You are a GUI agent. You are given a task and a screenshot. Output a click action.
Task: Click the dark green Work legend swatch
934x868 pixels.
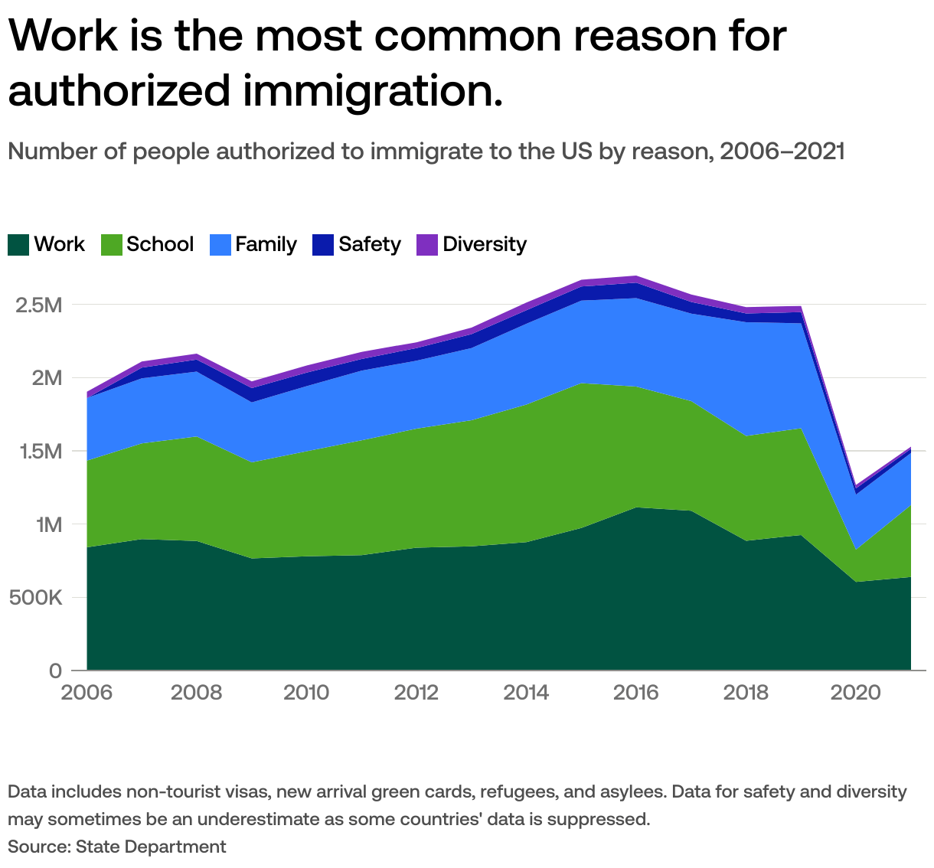point(18,245)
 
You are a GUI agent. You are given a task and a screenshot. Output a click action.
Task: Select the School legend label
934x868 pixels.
point(159,244)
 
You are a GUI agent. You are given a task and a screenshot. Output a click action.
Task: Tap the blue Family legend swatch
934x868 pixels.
point(220,245)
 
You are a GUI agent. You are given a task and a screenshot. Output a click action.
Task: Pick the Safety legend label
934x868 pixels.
point(369,244)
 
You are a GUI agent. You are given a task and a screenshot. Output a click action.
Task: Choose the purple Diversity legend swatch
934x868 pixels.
point(427,245)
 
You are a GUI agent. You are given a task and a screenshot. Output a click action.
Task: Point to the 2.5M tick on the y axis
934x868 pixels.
point(38,305)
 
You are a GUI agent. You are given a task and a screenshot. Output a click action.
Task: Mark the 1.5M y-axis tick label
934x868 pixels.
point(38,452)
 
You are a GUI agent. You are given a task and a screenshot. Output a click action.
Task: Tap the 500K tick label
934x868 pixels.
point(34,598)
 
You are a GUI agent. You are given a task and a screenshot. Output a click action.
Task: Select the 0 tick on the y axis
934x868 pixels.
point(55,671)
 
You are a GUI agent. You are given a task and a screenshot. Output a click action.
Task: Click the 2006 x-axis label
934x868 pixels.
point(87,693)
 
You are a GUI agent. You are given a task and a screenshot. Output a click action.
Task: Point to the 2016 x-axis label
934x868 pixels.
point(636,693)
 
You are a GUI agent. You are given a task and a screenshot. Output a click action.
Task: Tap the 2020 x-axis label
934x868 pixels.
point(856,693)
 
